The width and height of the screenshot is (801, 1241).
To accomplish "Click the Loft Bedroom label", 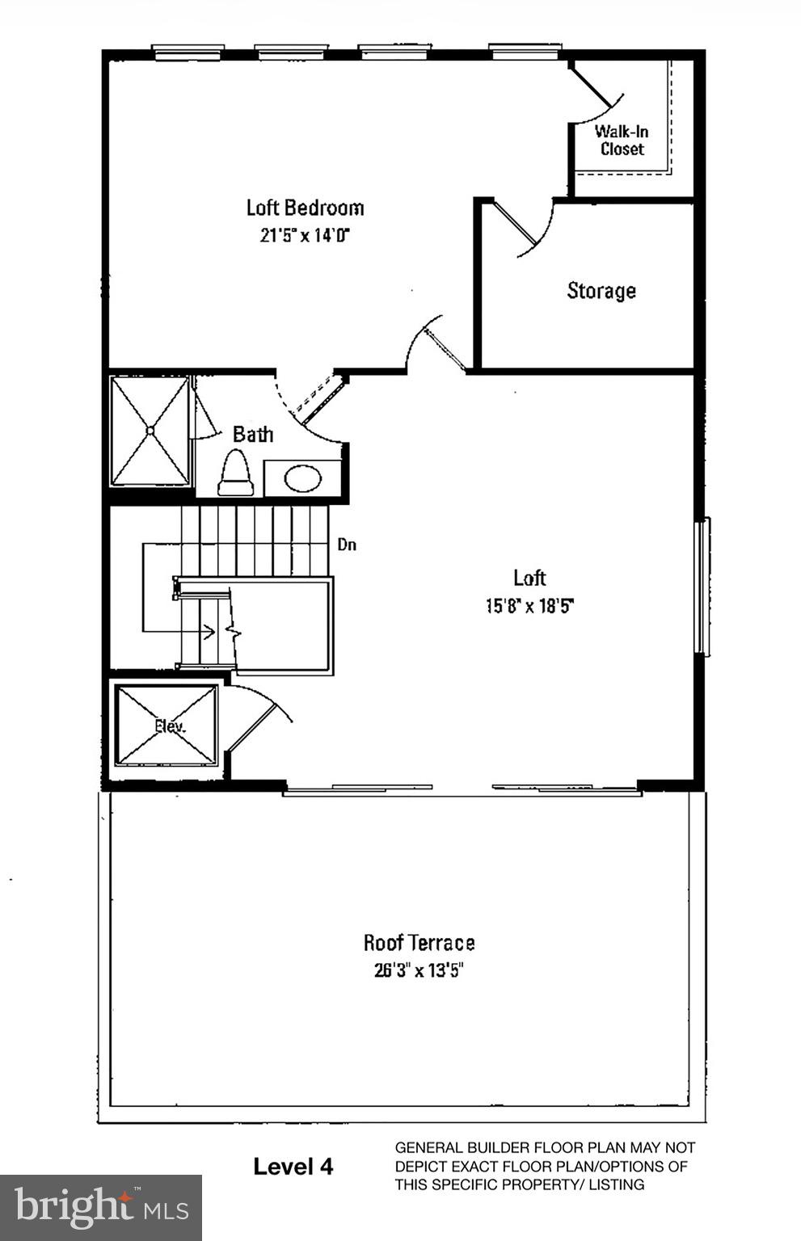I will [305, 208].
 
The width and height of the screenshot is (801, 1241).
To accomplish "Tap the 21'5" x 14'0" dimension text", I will [305, 236].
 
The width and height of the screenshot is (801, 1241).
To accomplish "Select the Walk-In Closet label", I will [622, 140].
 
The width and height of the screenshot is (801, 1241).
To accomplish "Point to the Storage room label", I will [601, 291].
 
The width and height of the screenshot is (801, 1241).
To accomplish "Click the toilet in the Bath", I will [236, 474].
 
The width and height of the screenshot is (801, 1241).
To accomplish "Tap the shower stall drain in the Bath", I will [150, 431].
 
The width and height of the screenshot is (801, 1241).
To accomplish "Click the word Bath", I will [253, 435].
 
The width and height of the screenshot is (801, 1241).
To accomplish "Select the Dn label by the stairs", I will [347, 545].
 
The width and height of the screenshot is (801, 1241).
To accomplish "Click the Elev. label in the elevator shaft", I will [170, 726].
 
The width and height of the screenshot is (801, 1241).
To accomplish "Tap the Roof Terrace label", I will [419, 943].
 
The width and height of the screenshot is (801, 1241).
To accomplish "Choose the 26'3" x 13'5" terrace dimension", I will [419, 970].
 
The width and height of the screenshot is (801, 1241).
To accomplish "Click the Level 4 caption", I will [293, 1166].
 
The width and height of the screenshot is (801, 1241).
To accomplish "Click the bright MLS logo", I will [101, 1207].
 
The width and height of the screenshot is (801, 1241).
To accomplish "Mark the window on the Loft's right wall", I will [703, 586].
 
